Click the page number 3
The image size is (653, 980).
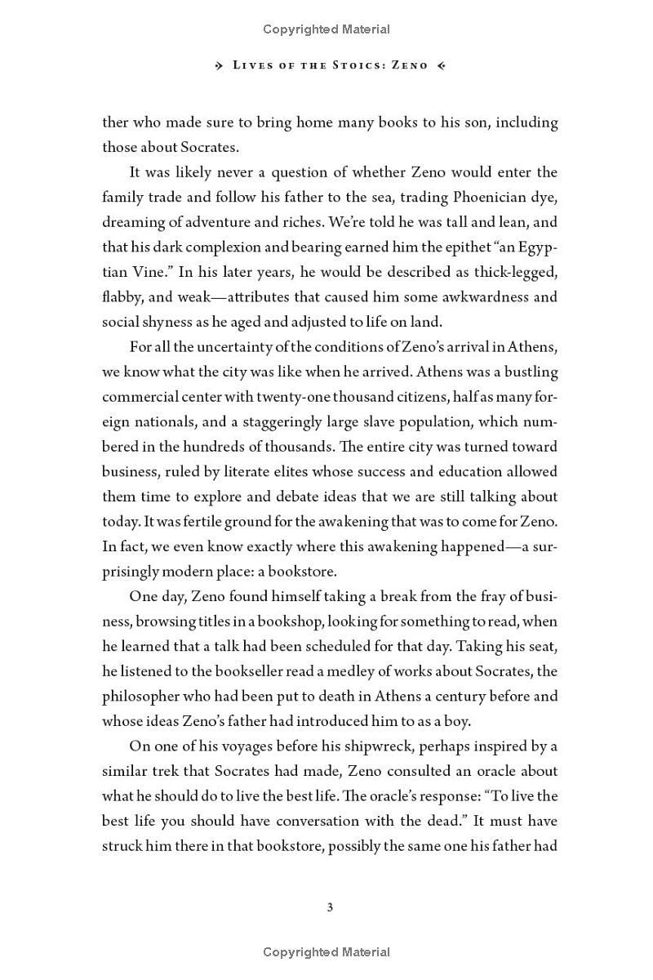click(330, 906)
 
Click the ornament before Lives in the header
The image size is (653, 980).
click(219, 65)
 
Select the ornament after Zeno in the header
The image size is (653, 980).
click(441, 65)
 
